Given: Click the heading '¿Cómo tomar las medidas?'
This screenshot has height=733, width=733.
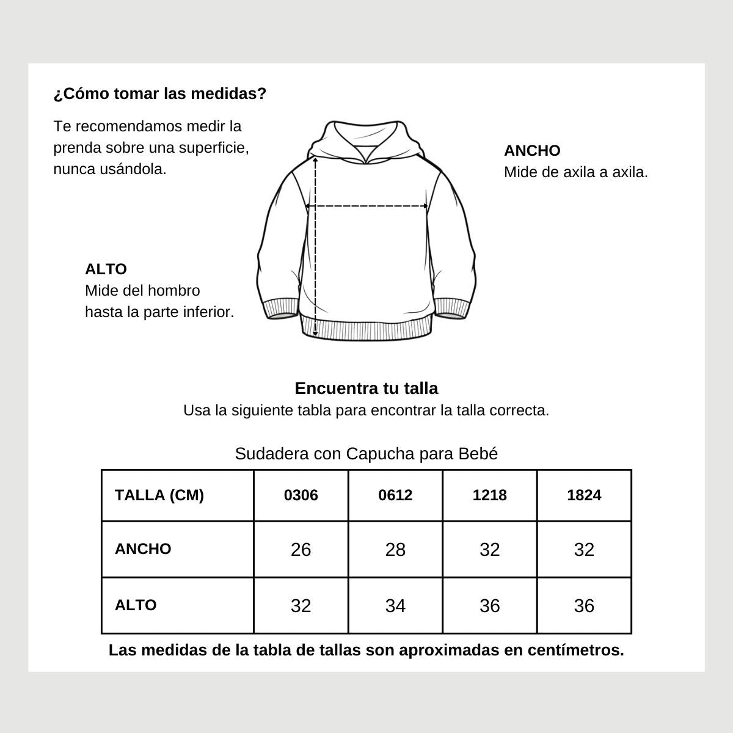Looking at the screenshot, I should click(160, 94).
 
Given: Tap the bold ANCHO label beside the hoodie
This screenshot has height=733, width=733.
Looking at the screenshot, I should click(532, 150).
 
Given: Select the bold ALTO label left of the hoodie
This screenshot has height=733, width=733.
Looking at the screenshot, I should click(106, 269).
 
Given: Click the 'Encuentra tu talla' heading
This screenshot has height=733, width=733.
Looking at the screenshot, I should click(366, 388).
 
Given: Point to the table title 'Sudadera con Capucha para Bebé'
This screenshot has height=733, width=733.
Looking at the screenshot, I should click(366, 454).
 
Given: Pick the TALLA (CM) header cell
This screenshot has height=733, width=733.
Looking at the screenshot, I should click(159, 495).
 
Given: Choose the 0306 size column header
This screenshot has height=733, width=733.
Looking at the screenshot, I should click(301, 495).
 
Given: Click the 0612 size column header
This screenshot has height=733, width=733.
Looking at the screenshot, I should click(395, 495).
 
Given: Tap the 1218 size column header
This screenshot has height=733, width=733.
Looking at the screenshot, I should click(490, 495).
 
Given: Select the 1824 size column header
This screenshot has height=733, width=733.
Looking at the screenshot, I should click(584, 495).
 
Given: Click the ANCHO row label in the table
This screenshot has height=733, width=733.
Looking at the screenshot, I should click(143, 549).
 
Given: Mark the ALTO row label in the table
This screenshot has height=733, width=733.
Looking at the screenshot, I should click(136, 605).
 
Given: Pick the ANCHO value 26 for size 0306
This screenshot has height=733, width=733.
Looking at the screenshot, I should click(301, 550).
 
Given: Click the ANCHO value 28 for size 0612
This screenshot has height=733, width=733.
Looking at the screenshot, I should click(395, 550).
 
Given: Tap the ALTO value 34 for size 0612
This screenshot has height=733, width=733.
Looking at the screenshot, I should click(395, 606).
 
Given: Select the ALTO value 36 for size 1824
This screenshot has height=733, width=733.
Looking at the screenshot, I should click(584, 606).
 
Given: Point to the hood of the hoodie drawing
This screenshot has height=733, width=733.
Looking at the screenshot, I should click(366, 137).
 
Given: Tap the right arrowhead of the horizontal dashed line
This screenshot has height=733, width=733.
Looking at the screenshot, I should click(425, 206).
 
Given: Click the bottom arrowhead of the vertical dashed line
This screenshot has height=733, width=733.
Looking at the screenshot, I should click(315, 334).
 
